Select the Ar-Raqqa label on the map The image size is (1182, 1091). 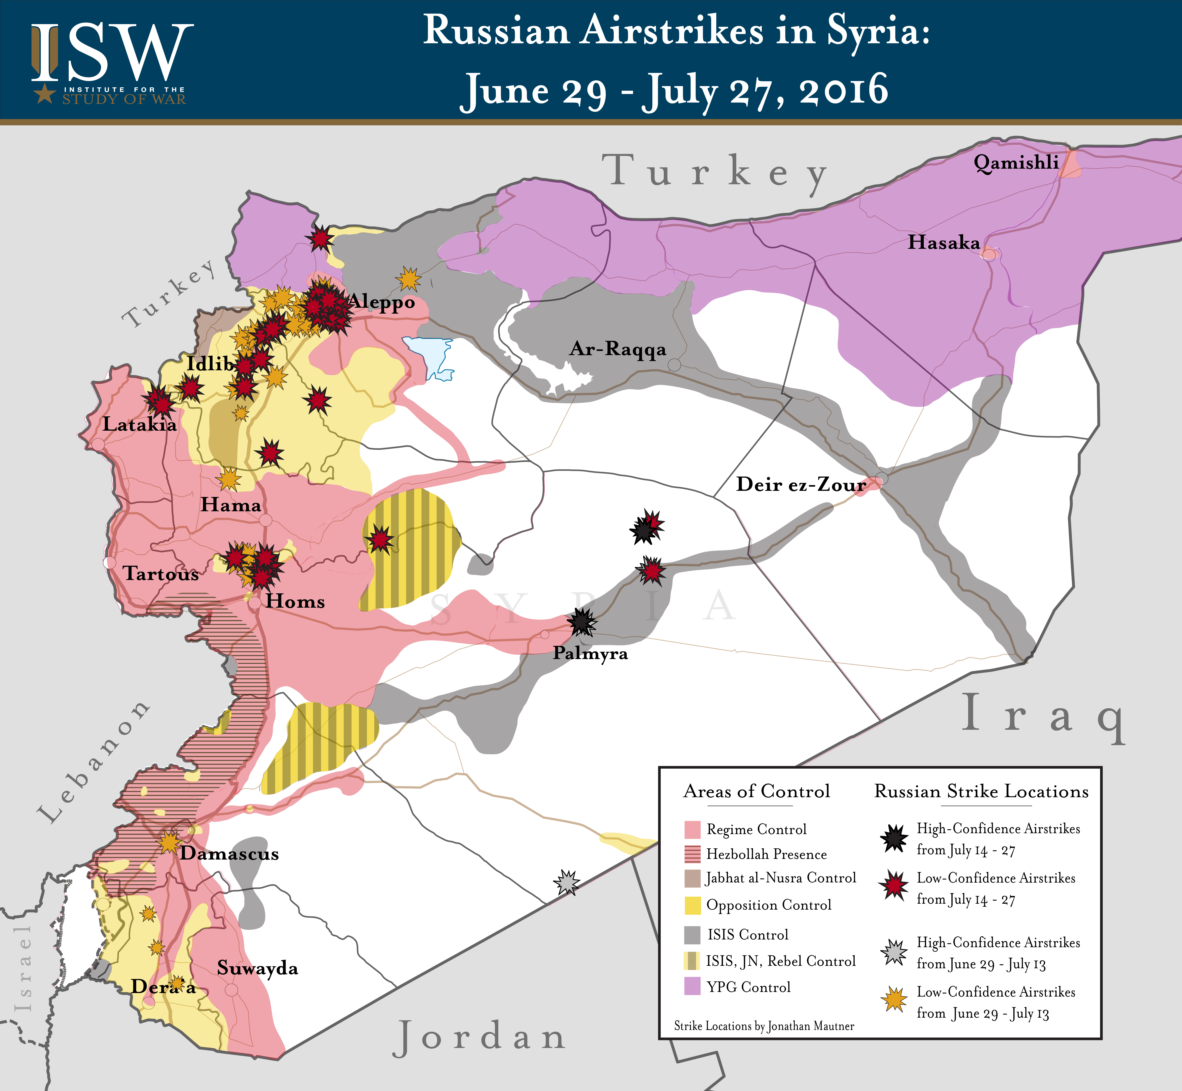tap(617, 349)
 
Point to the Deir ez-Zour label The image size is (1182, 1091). tap(801, 485)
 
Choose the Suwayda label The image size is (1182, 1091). tap(257, 968)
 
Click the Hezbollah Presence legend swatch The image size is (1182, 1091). tap(692, 854)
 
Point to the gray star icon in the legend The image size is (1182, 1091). tap(895, 952)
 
